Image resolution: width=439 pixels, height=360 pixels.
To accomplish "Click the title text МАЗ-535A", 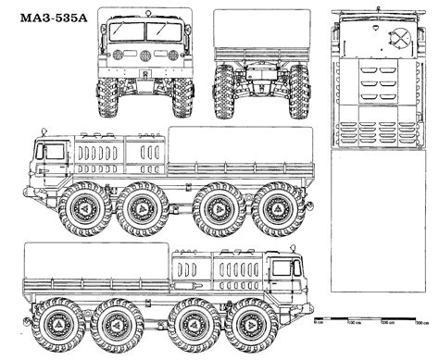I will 42,19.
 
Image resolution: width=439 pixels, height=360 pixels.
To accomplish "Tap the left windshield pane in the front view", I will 128,32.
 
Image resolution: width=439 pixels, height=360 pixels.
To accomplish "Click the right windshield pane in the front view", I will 164,32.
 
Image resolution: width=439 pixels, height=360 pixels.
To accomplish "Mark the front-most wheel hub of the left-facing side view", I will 85,209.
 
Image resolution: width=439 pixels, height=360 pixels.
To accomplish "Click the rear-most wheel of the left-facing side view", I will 279,209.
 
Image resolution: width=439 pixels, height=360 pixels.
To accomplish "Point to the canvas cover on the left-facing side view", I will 240,144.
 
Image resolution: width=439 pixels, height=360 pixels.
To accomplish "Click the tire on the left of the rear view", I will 224,93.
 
